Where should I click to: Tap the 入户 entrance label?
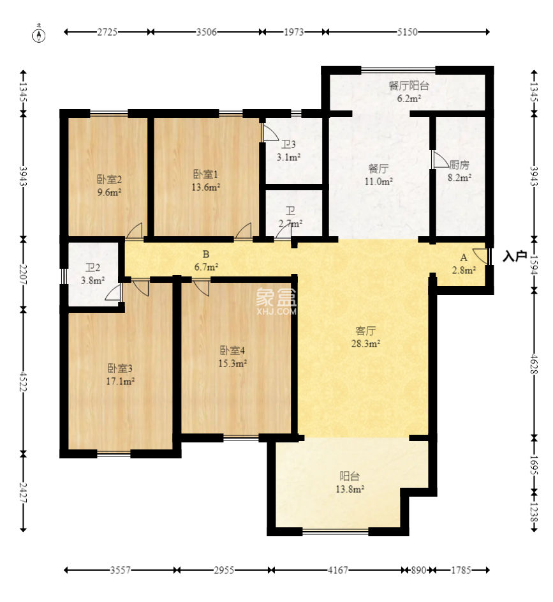(x=515, y=256)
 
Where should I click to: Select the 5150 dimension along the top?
(x=407, y=32)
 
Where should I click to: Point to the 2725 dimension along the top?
(x=107, y=32)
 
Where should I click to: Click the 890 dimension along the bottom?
(x=418, y=570)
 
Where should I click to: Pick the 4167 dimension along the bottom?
(x=338, y=570)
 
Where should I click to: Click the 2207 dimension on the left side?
(x=24, y=274)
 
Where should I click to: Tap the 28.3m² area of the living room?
(x=366, y=343)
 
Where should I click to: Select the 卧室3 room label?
(x=120, y=368)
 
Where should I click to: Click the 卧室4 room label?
(x=232, y=350)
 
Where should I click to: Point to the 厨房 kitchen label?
(x=459, y=165)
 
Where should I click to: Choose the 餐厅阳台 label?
(x=409, y=86)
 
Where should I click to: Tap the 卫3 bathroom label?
(x=288, y=144)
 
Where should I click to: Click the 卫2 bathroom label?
(x=92, y=267)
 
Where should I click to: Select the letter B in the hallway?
(x=206, y=254)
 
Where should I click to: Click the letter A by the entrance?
(x=464, y=258)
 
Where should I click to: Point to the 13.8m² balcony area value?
(x=350, y=490)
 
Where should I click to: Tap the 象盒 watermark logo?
(x=276, y=297)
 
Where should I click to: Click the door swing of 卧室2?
(x=135, y=230)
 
